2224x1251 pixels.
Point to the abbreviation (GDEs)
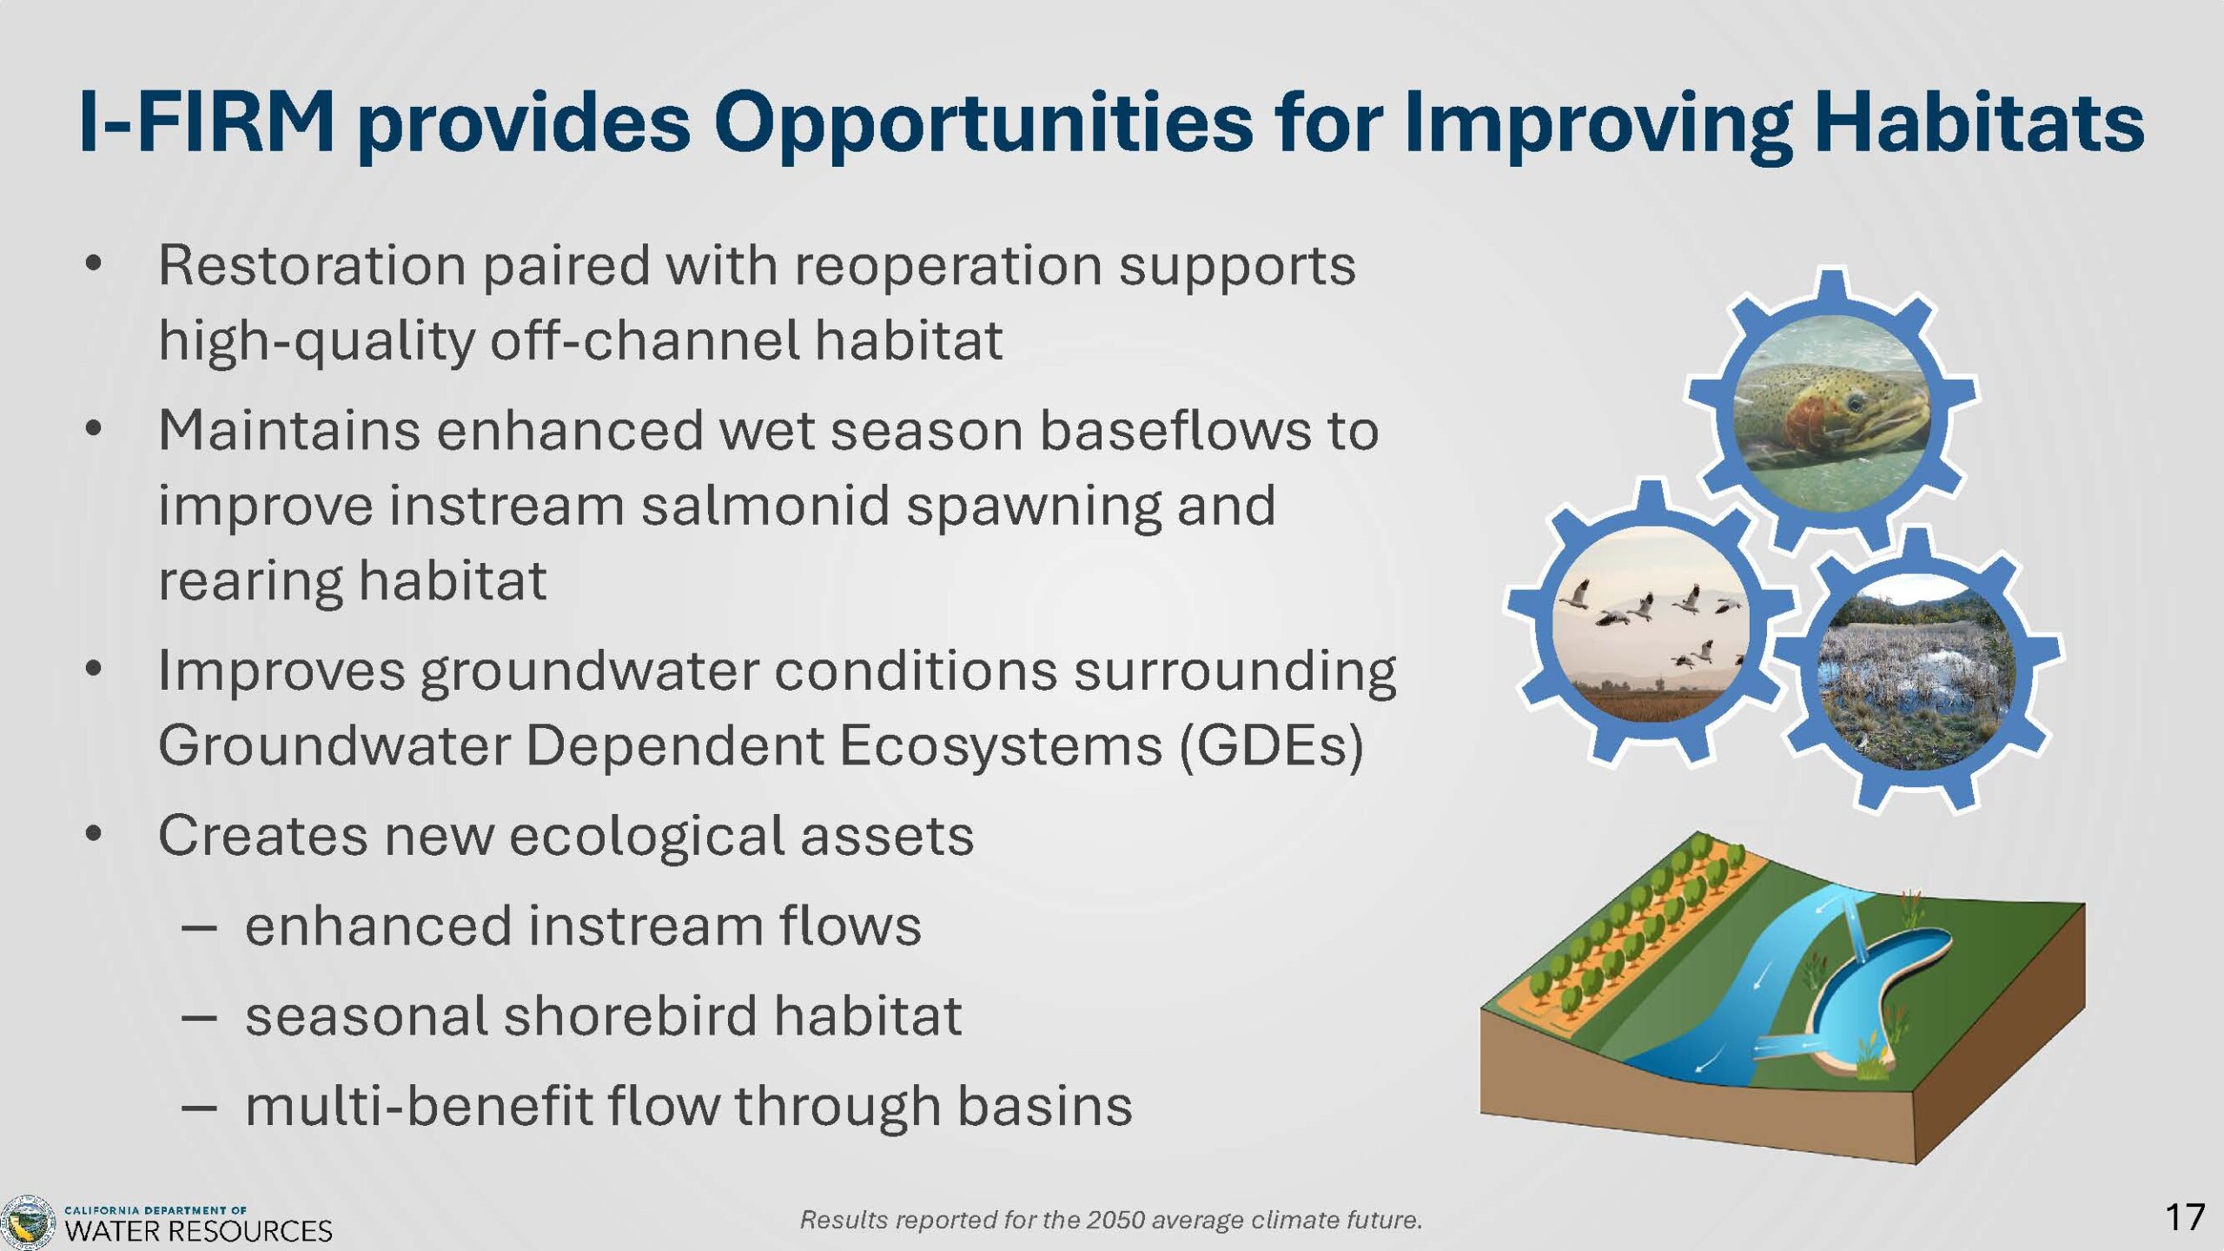pos(1271,746)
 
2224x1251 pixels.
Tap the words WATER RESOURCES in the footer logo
pos(199,1231)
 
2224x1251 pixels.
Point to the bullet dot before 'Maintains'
pos(94,429)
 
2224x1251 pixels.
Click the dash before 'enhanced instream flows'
pos(199,928)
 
